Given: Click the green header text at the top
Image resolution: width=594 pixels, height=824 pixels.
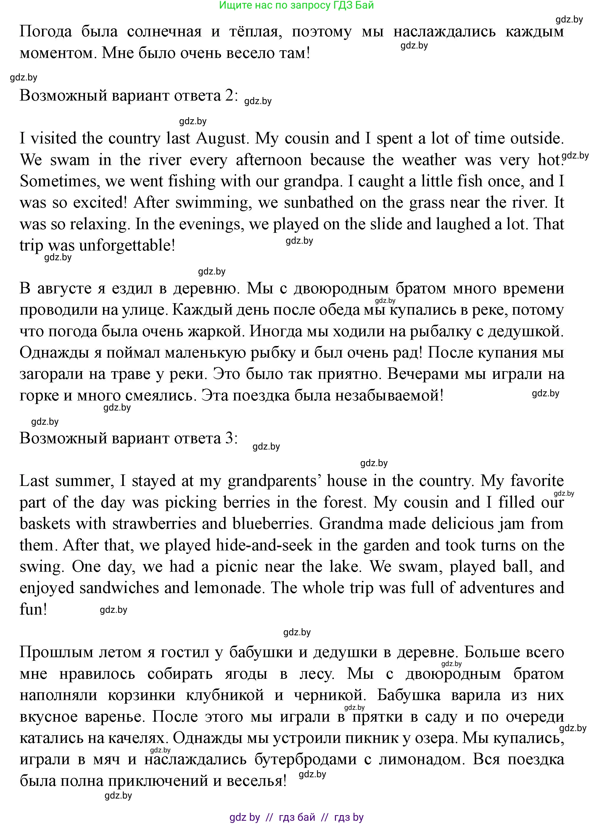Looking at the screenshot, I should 296,5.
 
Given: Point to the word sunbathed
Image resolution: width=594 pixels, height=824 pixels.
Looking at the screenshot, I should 318,203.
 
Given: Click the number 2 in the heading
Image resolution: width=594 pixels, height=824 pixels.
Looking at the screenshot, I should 229,96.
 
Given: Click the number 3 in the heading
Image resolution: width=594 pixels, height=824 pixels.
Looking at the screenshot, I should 229,438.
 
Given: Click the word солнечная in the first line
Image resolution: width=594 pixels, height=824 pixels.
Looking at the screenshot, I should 164,32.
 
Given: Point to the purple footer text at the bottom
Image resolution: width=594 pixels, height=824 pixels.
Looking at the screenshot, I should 296,817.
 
